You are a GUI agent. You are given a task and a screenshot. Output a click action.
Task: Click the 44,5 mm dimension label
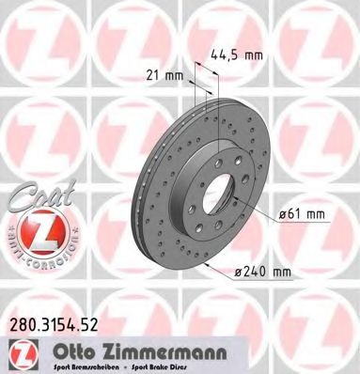point(233,54)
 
